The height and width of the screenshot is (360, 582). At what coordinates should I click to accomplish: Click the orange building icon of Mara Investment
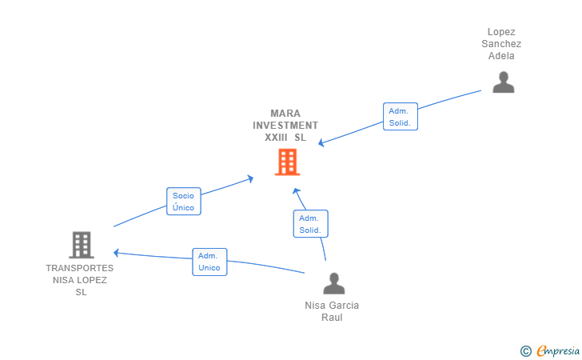click(x=287, y=162)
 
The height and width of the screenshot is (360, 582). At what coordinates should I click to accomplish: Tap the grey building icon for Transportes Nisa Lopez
click(x=82, y=245)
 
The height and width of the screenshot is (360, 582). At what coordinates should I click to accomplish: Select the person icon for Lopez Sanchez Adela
click(x=504, y=82)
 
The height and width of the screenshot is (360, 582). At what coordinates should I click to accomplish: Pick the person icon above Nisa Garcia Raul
click(x=333, y=283)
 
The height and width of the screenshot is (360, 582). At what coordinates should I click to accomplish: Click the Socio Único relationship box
click(x=184, y=202)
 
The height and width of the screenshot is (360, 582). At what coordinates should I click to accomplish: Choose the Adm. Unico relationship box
click(x=209, y=262)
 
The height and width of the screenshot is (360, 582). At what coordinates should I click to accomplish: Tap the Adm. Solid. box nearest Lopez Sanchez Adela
click(x=400, y=117)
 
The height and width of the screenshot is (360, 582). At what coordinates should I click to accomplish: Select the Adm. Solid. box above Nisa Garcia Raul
click(x=310, y=224)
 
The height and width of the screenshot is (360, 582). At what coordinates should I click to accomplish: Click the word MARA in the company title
click(x=285, y=114)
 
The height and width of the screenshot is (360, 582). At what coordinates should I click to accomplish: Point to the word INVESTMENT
click(x=285, y=126)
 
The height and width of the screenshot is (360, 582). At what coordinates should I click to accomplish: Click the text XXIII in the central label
click(x=276, y=138)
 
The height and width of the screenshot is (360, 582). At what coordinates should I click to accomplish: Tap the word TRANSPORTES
click(x=79, y=268)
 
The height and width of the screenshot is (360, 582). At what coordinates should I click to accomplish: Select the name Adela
click(x=501, y=56)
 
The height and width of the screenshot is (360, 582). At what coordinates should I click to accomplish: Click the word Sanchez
click(x=501, y=44)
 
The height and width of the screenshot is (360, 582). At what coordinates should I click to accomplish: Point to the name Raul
click(x=332, y=318)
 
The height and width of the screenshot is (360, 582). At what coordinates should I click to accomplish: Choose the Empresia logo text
click(x=558, y=350)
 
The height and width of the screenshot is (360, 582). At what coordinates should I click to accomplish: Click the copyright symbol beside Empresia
click(x=525, y=351)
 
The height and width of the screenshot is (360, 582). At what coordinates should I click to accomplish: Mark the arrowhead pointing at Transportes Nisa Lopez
click(x=116, y=253)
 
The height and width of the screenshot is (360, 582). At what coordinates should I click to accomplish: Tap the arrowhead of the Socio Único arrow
click(x=250, y=178)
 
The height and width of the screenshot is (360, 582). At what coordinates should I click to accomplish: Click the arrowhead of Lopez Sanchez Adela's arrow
click(x=321, y=142)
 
